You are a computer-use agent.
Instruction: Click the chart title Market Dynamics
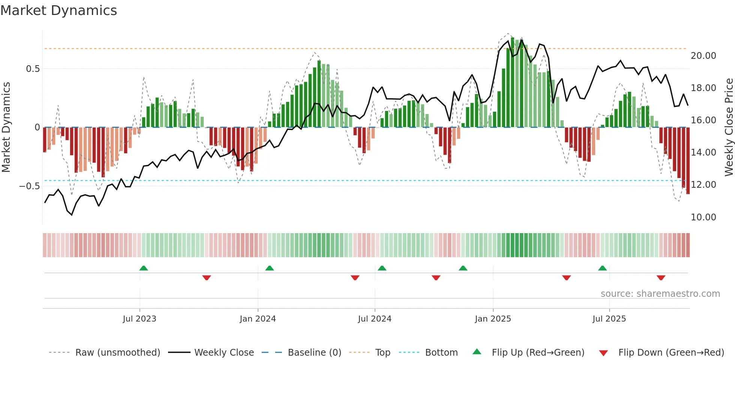(x=59, y=10)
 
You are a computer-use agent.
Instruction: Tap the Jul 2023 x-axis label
(x=139, y=319)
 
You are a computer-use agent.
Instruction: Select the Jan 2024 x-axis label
(x=258, y=319)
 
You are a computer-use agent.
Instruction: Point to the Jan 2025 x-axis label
(x=493, y=319)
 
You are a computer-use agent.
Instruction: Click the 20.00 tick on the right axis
(x=703, y=56)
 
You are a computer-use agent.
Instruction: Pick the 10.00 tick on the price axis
(x=703, y=217)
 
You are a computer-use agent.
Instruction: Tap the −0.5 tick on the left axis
(x=30, y=186)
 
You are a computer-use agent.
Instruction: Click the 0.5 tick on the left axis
(x=33, y=69)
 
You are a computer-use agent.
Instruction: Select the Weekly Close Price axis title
(x=729, y=127)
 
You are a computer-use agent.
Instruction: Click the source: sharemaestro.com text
(x=660, y=294)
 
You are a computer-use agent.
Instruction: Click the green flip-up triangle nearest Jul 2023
(x=144, y=268)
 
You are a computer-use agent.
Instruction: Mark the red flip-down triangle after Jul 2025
(x=661, y=278)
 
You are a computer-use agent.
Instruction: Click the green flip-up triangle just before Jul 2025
(x=602, y=268)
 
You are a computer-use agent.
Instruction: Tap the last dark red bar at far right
(x=688, y=161)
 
